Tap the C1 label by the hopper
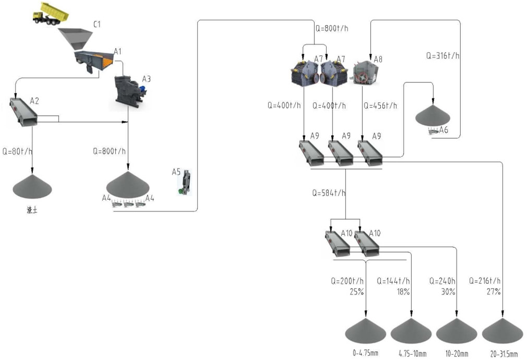[97, 25]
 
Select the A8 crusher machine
[363, 75]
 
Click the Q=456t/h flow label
[379, 105]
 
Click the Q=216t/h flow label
[485, 281]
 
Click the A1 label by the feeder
[118, 51]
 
